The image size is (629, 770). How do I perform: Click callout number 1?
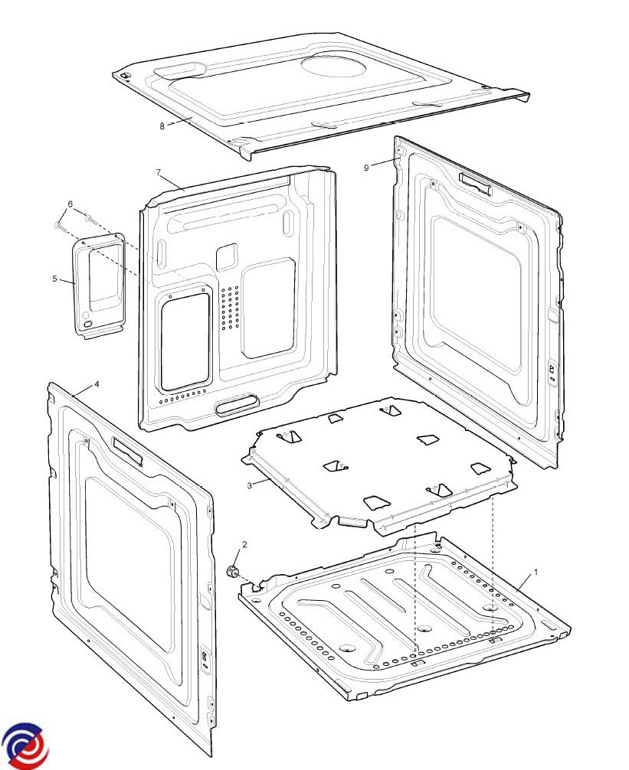(x=536, y=572)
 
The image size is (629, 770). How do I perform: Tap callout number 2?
(x=244, y=545)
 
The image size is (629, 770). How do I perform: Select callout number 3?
(x=250, y=486)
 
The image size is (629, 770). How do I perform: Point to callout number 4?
(x=97, y=384)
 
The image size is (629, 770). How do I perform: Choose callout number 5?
(x=55, y=279)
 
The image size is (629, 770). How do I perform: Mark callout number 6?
(x=70, y=204)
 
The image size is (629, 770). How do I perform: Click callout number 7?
(x=159, y=172)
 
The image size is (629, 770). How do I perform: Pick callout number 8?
(x=162, y=126)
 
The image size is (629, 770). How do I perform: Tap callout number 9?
(x=366, y=168)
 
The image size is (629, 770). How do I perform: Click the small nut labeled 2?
(x=232, y=571)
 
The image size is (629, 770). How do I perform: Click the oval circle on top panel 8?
(x=334, y=65)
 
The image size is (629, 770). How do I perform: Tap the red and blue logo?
(x=25, y=746)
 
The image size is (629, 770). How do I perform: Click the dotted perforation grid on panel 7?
(x=230, y=308)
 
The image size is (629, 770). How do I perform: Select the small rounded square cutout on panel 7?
(x=227, y=257)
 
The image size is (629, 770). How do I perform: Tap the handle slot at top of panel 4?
(x=128, y=451)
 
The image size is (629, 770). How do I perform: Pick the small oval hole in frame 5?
(x=88, y=324)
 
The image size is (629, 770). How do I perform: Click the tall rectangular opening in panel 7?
(x=185, y=342)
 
